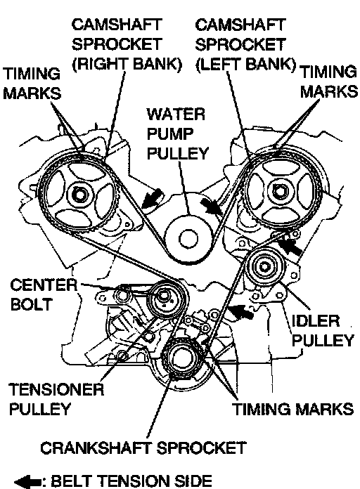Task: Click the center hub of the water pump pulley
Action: pos(188,239)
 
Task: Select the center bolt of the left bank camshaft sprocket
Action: pos(278,190)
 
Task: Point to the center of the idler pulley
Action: pos(265,267)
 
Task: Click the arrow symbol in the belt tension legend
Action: pos(27,482)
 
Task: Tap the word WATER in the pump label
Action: pos(176,114)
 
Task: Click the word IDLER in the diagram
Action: pos(316,321)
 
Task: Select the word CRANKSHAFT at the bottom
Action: pos(96,448)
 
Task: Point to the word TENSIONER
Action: pos(56,389)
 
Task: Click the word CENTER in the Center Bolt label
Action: pos(44,285)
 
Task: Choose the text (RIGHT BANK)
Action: pos(127,64)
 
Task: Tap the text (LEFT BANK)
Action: pos(245,64)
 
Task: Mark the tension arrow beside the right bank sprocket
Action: pos(152,199)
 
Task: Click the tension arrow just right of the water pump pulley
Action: pos(211,207)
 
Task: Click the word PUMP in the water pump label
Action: pos(170,133)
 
